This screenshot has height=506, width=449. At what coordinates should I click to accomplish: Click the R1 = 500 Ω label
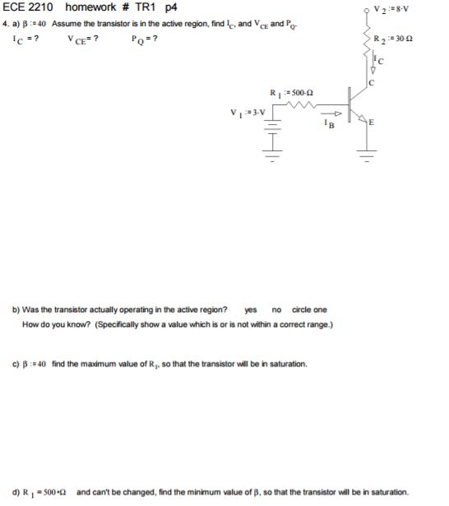(285, 91)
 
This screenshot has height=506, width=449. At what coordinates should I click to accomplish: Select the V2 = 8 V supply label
(388, 9)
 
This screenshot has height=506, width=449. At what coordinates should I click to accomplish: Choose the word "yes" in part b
(252, 310)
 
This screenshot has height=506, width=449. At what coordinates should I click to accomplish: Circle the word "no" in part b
(276, 310)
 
